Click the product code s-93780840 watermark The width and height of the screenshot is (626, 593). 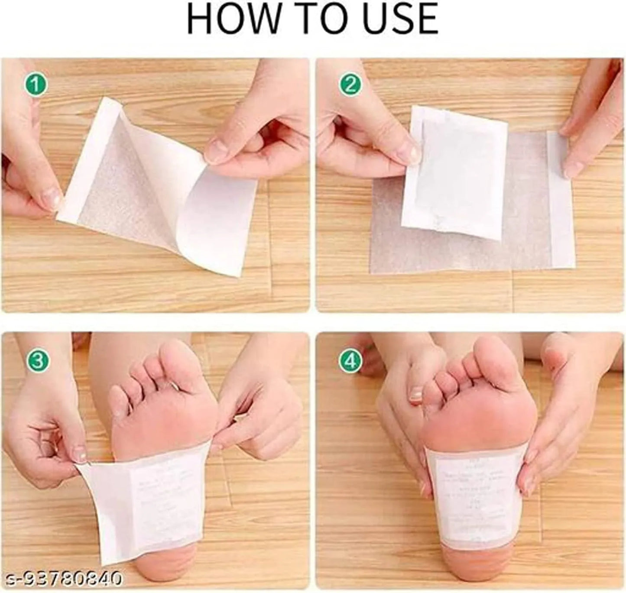click(61, 578)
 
